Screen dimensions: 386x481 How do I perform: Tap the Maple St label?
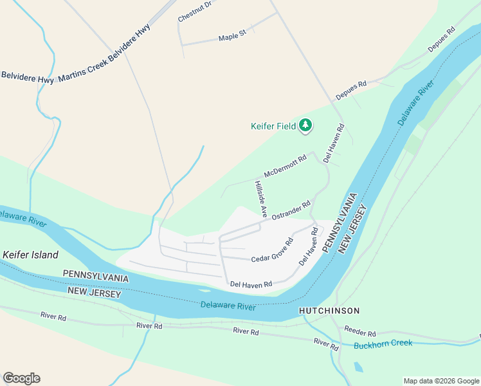tap(232, 37)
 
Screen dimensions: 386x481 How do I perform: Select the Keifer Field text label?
tap(273, 126)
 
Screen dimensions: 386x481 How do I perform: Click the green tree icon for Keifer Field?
tap(305, 125)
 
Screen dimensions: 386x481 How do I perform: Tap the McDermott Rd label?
tap(285, 166)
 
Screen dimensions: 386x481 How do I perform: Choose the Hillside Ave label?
tap(260, 198)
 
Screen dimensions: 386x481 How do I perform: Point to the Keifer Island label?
tap(30, 255)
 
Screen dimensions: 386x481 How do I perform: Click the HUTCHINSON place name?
tap(329, 311)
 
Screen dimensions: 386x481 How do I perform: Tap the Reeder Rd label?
tap(359, 333)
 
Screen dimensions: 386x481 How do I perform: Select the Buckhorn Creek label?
tap(383, 344)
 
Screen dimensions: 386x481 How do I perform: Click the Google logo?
tap(21, 378)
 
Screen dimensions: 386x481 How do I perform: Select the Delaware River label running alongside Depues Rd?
tap(412, 104)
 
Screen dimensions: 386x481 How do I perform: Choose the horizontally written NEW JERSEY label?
tap(93, 293)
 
